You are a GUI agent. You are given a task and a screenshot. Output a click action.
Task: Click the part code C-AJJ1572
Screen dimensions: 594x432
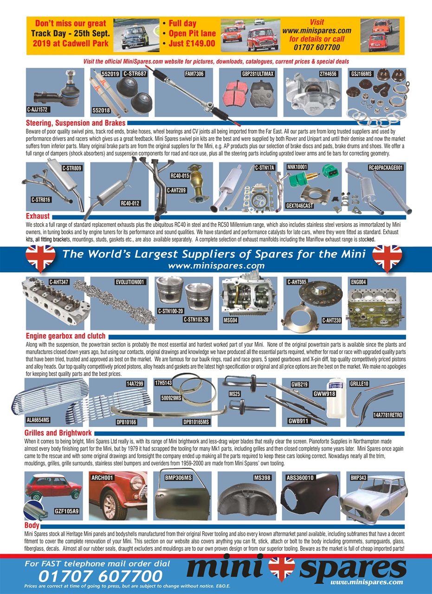38,110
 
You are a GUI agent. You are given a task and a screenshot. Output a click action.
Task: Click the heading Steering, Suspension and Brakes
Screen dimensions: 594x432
76,123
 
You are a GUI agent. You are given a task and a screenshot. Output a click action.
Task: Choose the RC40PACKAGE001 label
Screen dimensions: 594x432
386,168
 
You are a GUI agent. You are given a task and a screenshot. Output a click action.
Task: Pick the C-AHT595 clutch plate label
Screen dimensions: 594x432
298,281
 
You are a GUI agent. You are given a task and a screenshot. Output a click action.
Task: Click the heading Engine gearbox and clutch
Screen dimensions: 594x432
65,336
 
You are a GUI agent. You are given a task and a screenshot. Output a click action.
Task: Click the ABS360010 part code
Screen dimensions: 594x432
300,477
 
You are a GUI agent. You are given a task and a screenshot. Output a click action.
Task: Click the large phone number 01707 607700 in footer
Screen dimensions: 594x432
100,576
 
